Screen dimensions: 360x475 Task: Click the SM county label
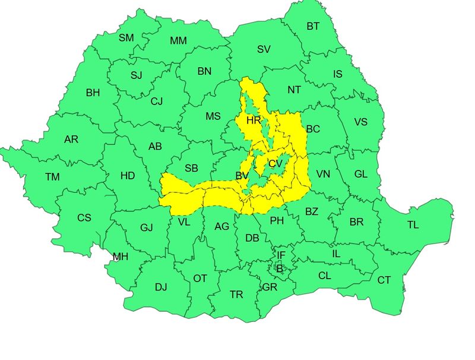126,37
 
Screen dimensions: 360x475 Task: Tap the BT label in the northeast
313,26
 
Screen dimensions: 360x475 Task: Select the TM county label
52,176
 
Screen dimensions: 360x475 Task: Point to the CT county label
384,280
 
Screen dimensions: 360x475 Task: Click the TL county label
413,225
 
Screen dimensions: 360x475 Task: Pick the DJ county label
161,287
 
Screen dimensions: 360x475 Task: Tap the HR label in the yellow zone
254,120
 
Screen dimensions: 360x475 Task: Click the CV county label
275,163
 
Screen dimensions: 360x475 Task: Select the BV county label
242,176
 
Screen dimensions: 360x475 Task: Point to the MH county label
121,257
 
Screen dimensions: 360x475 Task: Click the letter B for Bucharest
279,269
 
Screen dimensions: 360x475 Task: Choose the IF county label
281,255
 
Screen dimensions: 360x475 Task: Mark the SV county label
264,49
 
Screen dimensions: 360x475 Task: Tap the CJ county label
156,101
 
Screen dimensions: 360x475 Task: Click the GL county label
360,173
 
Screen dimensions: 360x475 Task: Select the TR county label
236,294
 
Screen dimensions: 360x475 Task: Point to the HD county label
128,176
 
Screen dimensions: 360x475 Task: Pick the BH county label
93,93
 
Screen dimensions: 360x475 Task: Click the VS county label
360,122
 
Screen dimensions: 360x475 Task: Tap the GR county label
270,287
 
